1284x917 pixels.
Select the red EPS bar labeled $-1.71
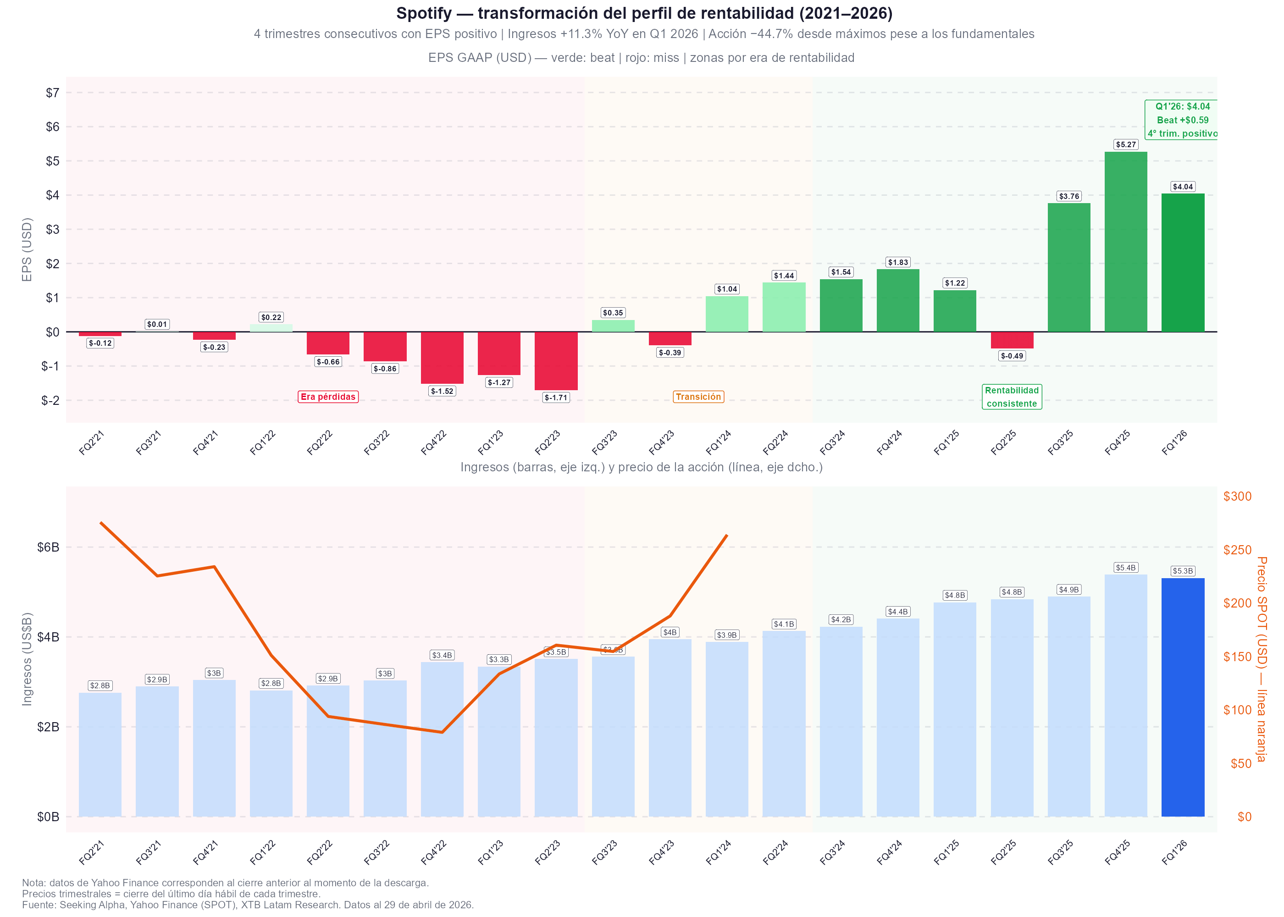click(x=556, y=361)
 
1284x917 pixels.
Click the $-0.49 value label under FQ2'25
click(x=1012, y=356)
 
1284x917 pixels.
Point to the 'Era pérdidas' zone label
click(x=328, y=397)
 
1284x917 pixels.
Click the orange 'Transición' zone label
click(x=698, y=397)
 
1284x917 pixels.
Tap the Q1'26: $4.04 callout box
click(x=1182, y=120)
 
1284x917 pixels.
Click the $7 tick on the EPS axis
click(x=53, y=93)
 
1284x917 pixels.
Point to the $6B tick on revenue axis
click(x=48, y=547)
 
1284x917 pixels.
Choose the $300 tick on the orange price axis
click(x=1237, y=497)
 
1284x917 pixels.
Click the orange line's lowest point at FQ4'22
click(x=442, y=732)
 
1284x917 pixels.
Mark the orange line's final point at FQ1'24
click(x=727, y=535)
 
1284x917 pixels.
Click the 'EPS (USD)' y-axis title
click(x=27, y=249)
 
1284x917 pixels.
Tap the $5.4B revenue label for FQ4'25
click(x=1125, y=568)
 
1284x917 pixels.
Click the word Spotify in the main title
click(x=423, y=13)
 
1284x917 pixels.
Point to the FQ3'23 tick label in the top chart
click(x=605, y=442)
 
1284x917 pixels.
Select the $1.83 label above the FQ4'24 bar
click(x=898, y=262)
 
